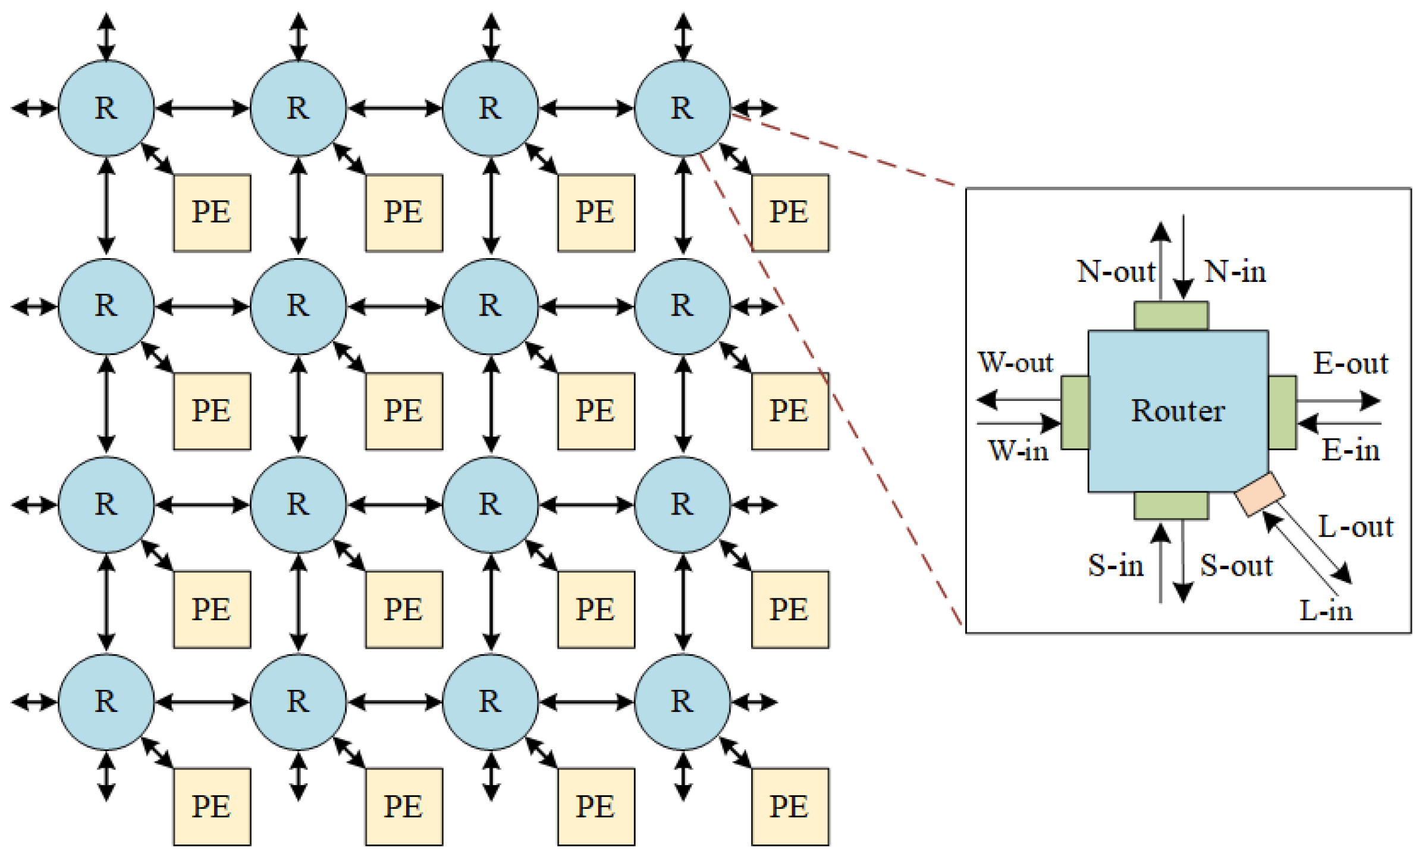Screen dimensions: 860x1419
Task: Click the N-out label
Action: coord(1116,272)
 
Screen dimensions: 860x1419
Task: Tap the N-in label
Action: coord(1235,272)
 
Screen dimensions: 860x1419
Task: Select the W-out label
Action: coord(1015,362)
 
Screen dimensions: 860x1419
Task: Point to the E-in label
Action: coord(1350,450)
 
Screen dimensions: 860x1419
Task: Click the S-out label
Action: coord(1236,565)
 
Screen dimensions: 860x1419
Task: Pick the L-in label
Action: coord(1325,611)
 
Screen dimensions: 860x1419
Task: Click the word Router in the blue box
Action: coord(1178,411)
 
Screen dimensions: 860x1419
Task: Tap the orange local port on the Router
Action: coord(1260,494)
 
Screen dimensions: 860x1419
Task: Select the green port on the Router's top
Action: coord(1170,316)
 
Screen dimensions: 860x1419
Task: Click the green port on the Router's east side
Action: coord(1282,412)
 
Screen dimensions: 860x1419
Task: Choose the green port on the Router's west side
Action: coord(1075,412)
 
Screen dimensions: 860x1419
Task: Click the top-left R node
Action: coord(106,108)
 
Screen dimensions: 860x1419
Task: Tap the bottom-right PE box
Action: coord(789,806)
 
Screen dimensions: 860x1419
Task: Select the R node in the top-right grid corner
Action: coord(682,108)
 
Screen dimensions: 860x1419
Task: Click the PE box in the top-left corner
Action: coord(212,212)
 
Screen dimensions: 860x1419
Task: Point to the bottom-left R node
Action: coord(106,702)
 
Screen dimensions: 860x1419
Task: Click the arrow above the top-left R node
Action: coord(106,37)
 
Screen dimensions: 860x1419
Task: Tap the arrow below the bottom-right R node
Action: coord(683,777)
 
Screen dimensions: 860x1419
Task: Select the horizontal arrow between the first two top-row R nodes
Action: coord(202,108)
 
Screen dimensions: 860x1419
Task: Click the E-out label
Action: coord(1350,363)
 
